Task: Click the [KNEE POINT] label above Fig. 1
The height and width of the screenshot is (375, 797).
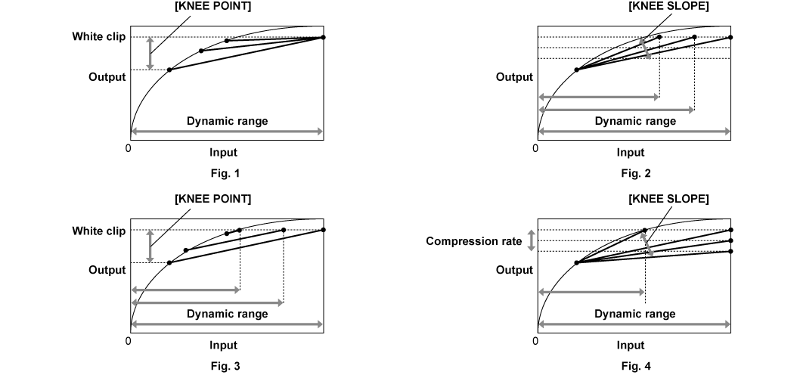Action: [212, 6]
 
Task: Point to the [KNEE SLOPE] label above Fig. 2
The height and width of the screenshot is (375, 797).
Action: [668, 6]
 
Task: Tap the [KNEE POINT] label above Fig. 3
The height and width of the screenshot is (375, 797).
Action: [212, 198]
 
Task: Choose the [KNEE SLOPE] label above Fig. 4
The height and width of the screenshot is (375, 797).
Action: [668, 198]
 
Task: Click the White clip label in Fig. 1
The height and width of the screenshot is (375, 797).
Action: [99, 36]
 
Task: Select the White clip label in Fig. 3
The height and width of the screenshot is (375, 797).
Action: [99, 230]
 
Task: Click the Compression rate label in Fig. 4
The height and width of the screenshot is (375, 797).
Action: [473, 241]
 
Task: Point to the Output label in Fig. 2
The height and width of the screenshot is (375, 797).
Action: [514, 77]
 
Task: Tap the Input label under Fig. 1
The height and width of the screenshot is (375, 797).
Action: [223, 152]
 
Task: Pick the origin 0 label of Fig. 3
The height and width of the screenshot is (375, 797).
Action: [128, 340]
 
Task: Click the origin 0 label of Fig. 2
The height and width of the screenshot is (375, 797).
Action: [535, 147]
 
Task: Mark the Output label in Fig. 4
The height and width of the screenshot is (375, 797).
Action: [514, 270]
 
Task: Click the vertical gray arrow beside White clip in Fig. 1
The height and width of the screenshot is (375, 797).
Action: [150, 53]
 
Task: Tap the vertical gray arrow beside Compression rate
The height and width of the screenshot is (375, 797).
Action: [531, 240]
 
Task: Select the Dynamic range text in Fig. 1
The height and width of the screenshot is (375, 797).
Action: [227, 120]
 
